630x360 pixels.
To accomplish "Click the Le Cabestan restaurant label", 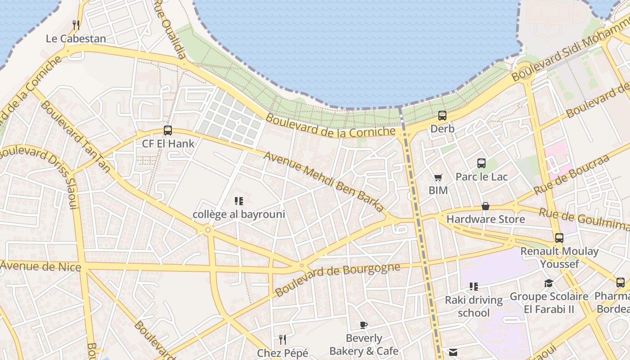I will tap(76, 39).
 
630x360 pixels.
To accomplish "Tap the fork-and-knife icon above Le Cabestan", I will tap(76, 25).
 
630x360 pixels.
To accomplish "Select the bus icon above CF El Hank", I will tap(168, 130).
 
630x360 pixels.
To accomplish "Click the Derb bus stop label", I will tap(442, 129).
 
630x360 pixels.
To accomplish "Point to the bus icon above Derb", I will tap(442, 116).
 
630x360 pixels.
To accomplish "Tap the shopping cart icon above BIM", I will tap(438, 177).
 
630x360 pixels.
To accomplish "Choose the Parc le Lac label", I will tap(481, 177).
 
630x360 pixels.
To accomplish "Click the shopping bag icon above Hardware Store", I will tap(486, 206).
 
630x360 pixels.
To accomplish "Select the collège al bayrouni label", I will tap(239, 214).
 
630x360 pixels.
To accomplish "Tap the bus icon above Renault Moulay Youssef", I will tap(559, 238).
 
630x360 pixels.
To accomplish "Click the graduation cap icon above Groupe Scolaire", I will tap(549, 283).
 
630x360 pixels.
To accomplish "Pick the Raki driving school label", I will tap(474, 306).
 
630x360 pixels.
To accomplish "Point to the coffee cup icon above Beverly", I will tap(364, 325).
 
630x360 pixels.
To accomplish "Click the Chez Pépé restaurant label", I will tap(283, 353).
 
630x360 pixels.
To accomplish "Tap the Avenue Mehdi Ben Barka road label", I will tap(324, 182).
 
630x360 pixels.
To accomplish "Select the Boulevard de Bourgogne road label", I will tap(337, 279).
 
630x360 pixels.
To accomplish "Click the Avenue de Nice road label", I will tap(40, 266).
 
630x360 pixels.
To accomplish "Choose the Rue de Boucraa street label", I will tap(571, 174).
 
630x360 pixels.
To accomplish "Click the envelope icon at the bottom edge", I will tap(453, 352).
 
